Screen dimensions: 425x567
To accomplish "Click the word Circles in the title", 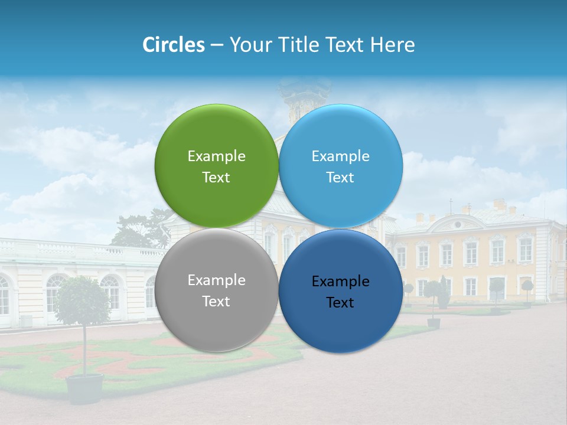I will click(173, 45).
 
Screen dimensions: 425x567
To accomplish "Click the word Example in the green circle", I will click(216, 156).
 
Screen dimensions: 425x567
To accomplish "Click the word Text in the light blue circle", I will click(340, 178).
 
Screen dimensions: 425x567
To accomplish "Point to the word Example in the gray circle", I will click(216, 280).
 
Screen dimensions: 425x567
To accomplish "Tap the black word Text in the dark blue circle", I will click(340, 303).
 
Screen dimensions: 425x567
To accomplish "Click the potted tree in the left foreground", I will click(83, 301).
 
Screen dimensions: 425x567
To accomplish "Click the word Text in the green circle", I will click(216, 178).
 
